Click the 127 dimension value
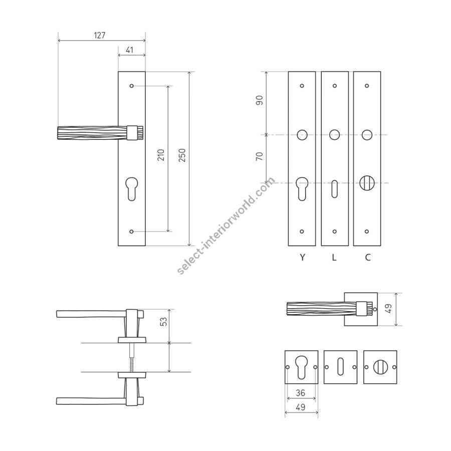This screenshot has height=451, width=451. [x=100, y=36]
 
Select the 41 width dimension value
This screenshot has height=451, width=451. [x=130, y=50]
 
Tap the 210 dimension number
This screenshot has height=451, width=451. [x=161, y=155]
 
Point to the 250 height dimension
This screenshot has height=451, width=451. [x=182, y=155]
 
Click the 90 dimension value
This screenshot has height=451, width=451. [x=260, y=100]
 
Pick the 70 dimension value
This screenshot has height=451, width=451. [x=260, y=156]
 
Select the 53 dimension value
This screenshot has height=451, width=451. [x=163, y=322]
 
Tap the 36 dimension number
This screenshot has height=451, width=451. [x=300, y=393]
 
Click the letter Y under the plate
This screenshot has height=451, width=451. [x=302, y=257]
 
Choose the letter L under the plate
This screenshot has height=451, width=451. [x=334, y=257]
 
